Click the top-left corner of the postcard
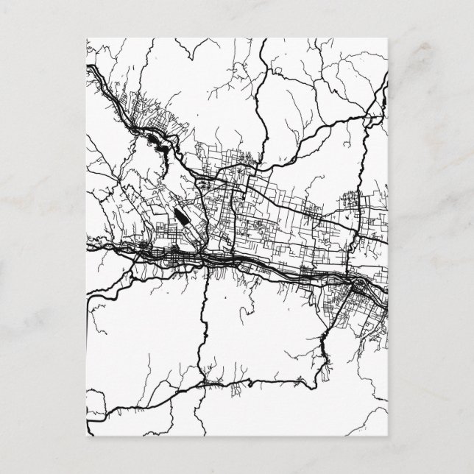(x=87, y=38)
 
